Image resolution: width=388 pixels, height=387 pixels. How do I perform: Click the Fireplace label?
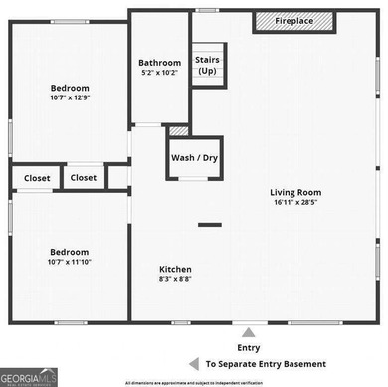coord(295,22)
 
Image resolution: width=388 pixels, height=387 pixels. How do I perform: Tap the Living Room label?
coord(295,193)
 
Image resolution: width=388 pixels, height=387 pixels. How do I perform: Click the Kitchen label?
coord(176,270)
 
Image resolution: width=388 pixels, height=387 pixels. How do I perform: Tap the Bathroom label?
coord(159,63)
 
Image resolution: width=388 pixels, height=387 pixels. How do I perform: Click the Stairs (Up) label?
coord(207,65)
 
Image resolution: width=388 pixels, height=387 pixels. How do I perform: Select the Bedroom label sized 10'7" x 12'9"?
coord(70,88)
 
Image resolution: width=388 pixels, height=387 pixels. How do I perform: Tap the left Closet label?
coord(31,178)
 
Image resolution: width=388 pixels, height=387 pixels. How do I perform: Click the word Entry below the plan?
coord(248,347)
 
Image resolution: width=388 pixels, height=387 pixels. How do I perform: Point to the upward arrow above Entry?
coord(249,331)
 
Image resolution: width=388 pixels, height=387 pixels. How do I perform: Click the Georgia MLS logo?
coord(29,376)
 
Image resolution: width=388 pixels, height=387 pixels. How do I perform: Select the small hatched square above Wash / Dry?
coord(178,129)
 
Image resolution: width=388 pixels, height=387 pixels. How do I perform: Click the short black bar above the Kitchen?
coord(209,225)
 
